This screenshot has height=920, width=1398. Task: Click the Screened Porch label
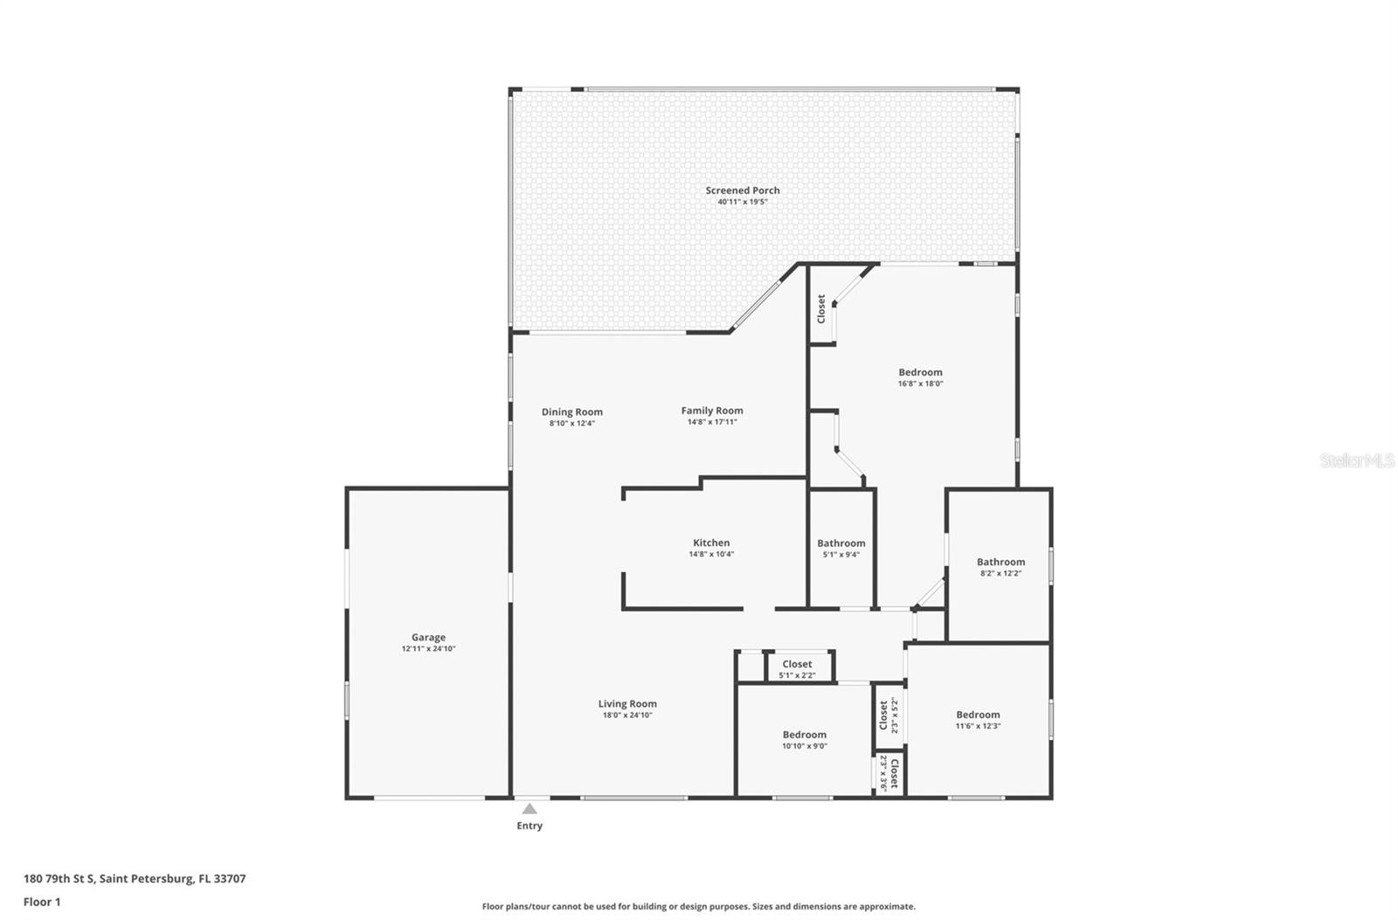point(742,190)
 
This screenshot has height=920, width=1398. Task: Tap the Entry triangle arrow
point(529,809)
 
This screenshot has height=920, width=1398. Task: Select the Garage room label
point(428,637)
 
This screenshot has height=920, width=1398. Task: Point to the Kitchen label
point(711,543)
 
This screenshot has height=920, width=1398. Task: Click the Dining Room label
point(571,412)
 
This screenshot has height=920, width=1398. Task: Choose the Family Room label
point(712,411)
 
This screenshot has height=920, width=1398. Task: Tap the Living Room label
point(627,704)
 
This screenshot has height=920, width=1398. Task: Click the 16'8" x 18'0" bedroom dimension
point(921,384)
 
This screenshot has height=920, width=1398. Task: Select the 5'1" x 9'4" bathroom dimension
point(841,554)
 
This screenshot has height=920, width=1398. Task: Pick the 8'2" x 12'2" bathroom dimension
point(1000,573)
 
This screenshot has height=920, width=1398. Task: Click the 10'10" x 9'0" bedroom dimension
point(805,746)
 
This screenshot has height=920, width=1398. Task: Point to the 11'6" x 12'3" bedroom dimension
point(978,726)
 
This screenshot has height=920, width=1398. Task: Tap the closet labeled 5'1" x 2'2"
point(797,669)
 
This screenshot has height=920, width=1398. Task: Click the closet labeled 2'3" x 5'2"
point(889,716)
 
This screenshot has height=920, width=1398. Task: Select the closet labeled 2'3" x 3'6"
point(889,774)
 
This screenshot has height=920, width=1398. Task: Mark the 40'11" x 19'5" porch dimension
point(742,202)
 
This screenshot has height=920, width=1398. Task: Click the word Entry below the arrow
point(529,826)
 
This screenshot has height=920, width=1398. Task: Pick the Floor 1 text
point(42,902)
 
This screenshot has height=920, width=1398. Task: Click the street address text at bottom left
point(135,879)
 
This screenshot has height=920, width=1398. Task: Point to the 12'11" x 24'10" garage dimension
point(428,648)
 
